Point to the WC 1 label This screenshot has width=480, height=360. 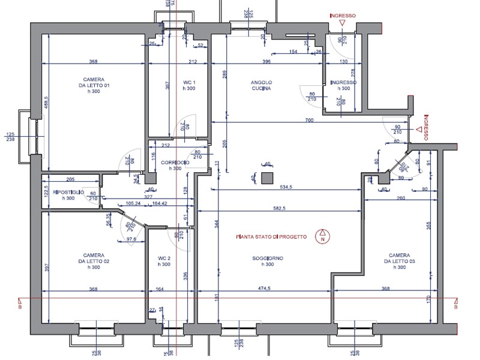coord(190,84)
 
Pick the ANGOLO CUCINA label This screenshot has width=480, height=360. coord(262,85)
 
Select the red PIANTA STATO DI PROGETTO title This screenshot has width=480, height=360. coord(272,237)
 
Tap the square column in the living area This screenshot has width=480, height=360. coord(268,178)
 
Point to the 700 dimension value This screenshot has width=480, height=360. coord(309,121)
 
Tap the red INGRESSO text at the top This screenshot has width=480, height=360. coord(343,16)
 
